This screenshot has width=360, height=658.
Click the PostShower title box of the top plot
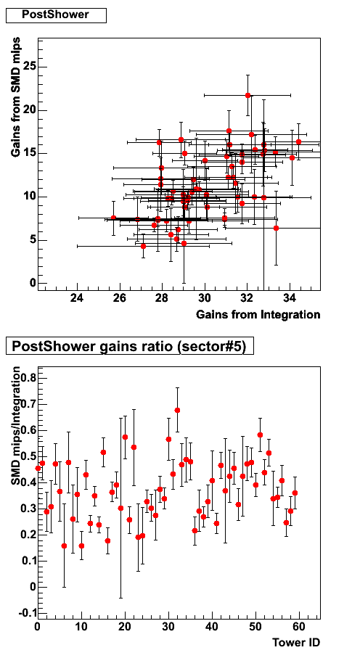(56, 15)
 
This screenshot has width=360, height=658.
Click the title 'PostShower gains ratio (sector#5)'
(129, 347)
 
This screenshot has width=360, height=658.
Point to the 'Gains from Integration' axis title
(258, 315)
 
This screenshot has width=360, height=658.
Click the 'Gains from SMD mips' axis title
(16, 98)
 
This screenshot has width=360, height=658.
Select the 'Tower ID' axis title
(296, 642)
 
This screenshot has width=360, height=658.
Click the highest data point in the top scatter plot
(247, 95)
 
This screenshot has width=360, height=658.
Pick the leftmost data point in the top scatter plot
(113, 218)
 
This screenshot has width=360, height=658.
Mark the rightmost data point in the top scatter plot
(298, 142)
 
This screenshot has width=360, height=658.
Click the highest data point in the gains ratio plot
(177, 410)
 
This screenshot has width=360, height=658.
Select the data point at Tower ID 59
(295, 493)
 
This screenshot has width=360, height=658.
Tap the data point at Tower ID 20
(125, 437)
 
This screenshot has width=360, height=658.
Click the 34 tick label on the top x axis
(290, 299)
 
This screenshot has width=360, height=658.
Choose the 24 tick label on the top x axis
(77, 299)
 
